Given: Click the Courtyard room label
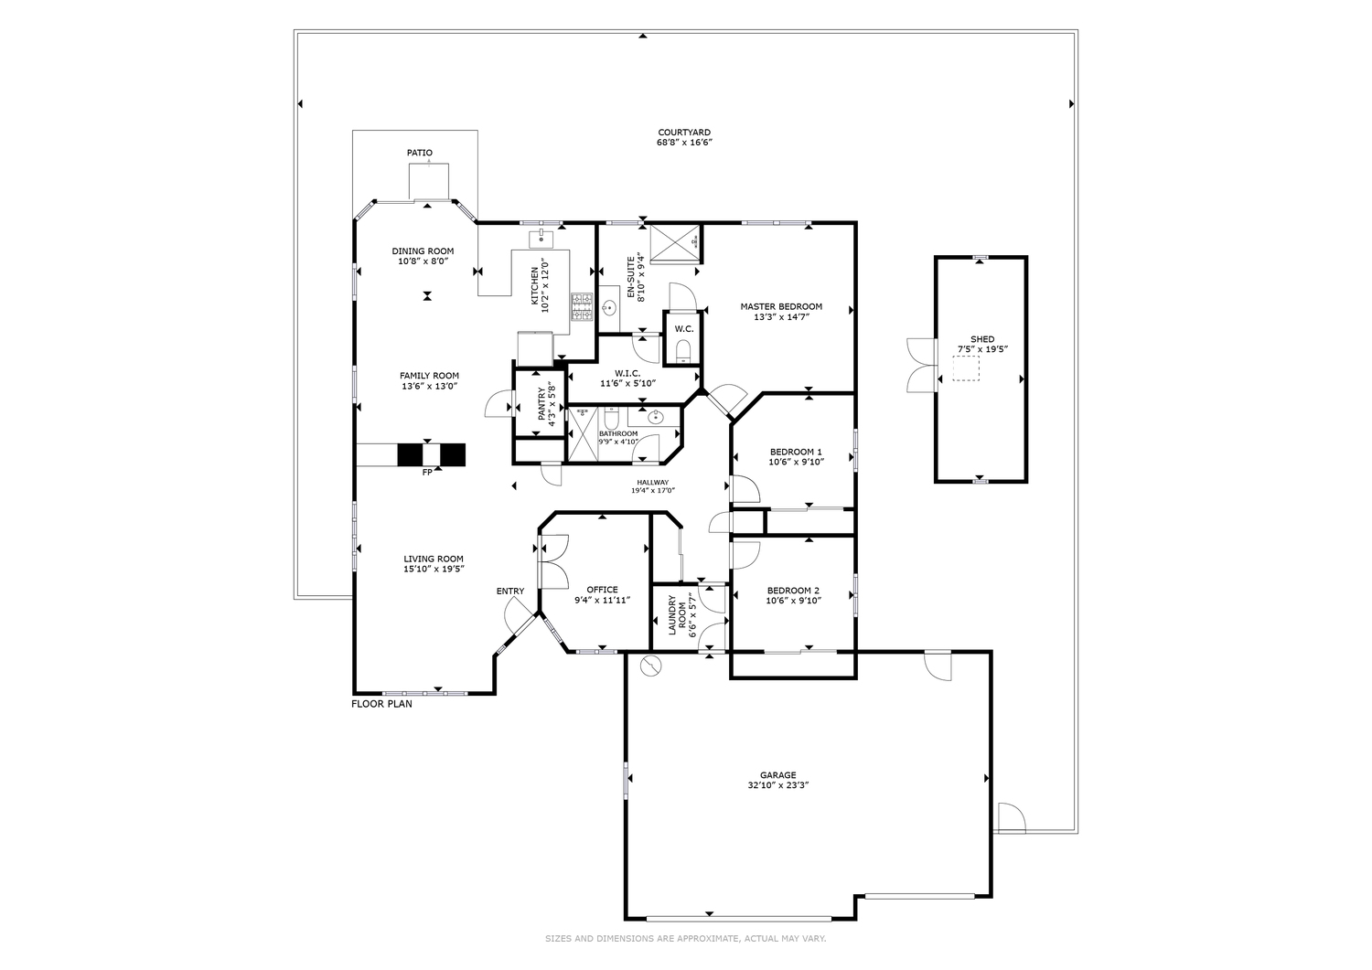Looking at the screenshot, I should pos(683,133).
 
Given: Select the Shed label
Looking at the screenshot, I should pos(982,339).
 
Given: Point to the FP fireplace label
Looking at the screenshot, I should pos(426,473).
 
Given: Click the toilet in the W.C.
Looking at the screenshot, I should pos(683,350).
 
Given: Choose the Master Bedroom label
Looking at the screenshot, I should pos(780,307).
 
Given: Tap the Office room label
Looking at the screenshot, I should pos(602,590).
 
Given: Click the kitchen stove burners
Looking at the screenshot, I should pos(582,306).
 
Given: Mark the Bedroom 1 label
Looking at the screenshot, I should pos(796,452).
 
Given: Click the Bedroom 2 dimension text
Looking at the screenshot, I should pos(794,601).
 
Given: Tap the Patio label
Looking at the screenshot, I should pos(420,153).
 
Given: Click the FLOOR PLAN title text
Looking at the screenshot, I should pos(381,704).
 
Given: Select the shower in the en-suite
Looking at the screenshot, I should pos(674,242).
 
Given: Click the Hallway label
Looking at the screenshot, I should pos(653,483).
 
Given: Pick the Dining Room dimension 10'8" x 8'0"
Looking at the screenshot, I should pos(423,261).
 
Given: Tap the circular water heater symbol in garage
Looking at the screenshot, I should pos(650,666).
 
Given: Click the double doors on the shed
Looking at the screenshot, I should pos(918,363).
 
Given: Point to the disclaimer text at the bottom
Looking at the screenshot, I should pos(685,938).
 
